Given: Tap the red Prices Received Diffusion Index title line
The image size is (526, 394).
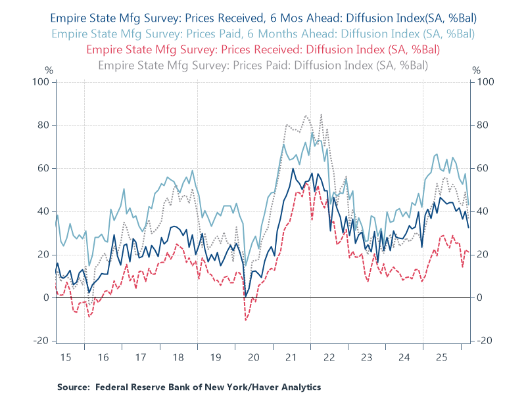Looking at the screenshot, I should pos(263,49).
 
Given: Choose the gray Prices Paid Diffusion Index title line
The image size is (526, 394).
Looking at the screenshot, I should pos(263,64).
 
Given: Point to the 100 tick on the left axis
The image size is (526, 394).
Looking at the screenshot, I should pos(43,82).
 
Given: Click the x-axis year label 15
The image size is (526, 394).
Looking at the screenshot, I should pos(65,357).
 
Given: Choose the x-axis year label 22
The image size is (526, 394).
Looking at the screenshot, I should pos(329,357).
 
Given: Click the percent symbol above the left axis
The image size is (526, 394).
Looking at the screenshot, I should pos(48,70).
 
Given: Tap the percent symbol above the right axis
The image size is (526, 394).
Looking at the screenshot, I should pos(477,70).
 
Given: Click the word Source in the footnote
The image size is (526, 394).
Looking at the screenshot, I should pos(73,387).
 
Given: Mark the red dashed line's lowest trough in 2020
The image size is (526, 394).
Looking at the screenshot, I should pos(246,320).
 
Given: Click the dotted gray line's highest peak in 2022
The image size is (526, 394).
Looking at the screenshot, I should pos(321,115).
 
